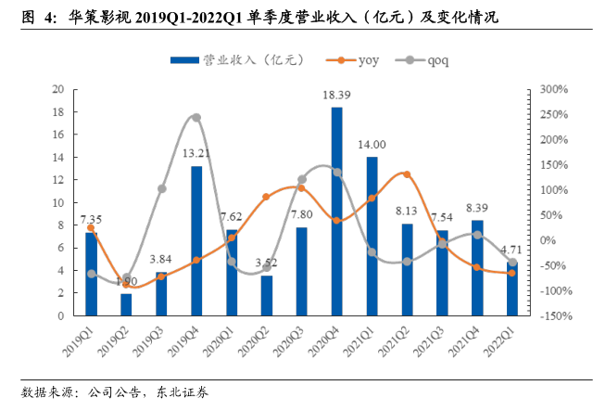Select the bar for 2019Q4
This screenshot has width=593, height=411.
(x=196, y=240)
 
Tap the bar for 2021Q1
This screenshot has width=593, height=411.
(x=372, y=236)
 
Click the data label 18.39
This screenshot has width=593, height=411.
(x=336, y=96)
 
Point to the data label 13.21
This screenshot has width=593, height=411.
(x=195, y=154)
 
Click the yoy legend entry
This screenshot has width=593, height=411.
(x=355, y=59)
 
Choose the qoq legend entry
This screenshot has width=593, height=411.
(x=434, y=59)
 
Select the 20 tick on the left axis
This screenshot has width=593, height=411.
(x=57, y=90)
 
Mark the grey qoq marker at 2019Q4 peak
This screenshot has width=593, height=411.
(x=196, y=118)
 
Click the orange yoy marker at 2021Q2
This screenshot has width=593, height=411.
(x=407, y=174)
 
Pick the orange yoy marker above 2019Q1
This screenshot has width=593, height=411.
(x=91, y=227)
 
